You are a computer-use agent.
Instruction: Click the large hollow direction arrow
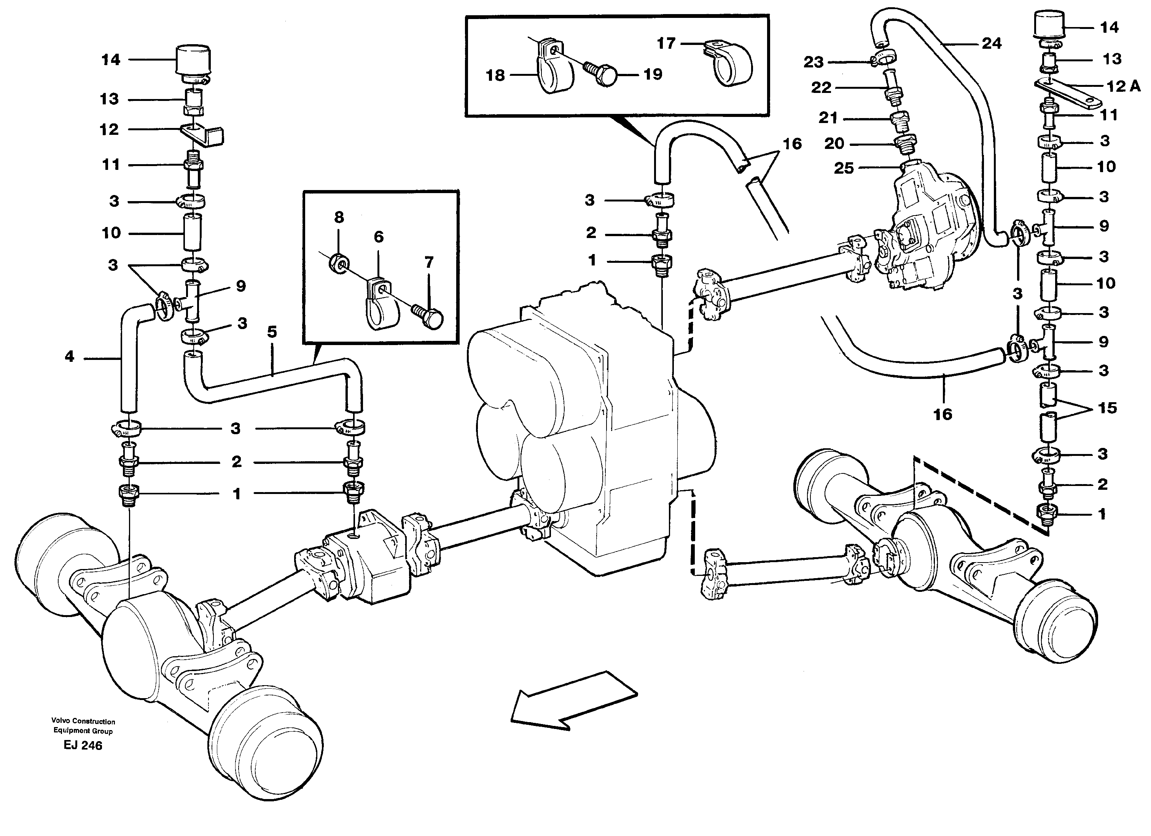(x=573, y=701)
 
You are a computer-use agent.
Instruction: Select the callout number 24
(x=991, y=44)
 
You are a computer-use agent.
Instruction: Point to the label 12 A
(x=1123, y=86)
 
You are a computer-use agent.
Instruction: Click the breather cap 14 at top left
(x=193, y=64)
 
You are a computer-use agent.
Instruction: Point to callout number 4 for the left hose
(x=70, y=356)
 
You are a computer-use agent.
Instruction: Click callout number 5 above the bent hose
(x=272, y=332)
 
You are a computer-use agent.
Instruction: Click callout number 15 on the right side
(x=1107, y=408)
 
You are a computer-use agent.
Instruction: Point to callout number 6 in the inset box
(x=379, y=237)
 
